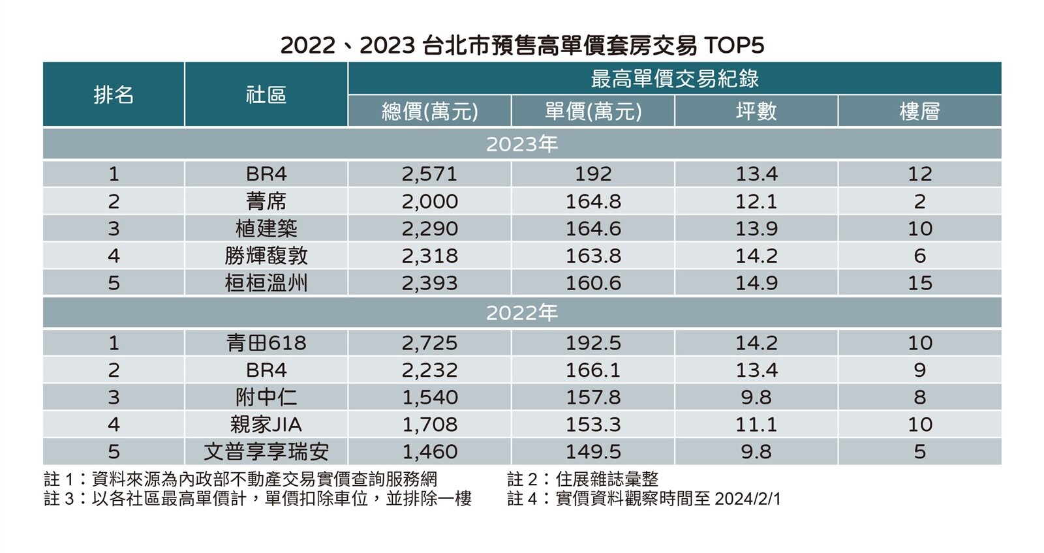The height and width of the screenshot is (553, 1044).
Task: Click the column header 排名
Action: tap(114, 95)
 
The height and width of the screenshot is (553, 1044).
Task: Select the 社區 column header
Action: tap(266, 95)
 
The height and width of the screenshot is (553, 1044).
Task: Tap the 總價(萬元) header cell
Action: tap(429, 111)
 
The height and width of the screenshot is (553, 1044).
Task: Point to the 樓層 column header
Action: tap(919, 111)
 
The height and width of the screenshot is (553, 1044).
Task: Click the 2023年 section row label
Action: tap(522, 143)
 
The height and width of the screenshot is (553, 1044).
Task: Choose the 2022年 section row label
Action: tap(522, 313)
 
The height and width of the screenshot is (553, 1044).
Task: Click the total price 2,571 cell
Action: tap(429, 174)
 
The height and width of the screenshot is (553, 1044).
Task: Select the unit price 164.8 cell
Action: tap(593, 202)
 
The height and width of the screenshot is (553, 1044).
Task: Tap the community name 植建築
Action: tap(266, 229)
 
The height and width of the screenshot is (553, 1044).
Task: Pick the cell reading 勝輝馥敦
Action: tap(266, 256)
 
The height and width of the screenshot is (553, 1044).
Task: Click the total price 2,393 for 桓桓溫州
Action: tap(429, 283)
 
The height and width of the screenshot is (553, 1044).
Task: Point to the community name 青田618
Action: tap(266, 343)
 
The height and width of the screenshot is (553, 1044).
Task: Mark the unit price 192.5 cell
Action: tap(593, 343)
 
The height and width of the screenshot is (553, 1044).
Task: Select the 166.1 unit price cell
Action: tap(593, 370)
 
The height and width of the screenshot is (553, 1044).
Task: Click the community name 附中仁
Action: tap(266, 397)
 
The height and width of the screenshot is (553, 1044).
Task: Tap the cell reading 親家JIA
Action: tap(266, 425)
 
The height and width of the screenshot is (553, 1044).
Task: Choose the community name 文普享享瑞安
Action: tap(266, 451)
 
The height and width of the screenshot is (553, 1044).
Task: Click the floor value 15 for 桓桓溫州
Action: tap(919, 283)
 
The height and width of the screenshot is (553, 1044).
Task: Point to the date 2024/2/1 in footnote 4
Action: tap(748, 499)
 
